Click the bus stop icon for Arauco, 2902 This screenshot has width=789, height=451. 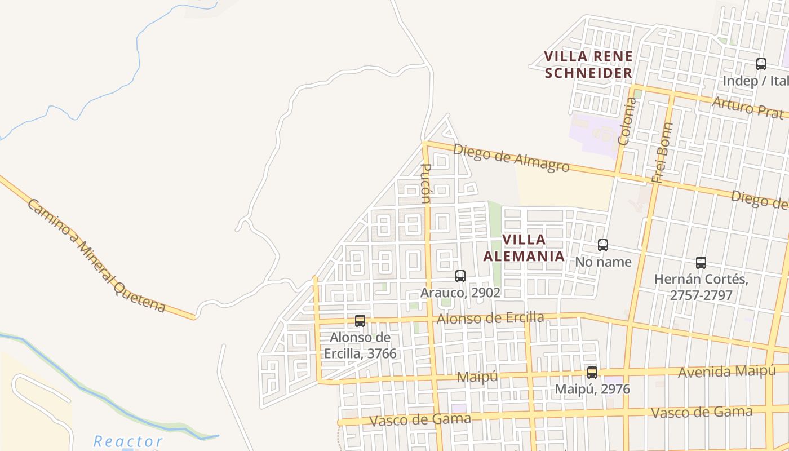click(460, 276)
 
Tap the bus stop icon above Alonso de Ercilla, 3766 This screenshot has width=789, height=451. click(360, 321)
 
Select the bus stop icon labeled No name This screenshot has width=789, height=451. click(603, 245)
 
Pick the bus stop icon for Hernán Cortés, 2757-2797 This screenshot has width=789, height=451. click(701, 263)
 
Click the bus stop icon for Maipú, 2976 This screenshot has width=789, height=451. click(592, 373)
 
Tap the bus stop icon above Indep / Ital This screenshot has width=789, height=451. click(761, 64)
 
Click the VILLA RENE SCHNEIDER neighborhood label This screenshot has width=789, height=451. click(588, 65)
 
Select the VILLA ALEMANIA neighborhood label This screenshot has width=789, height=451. click(524, 247)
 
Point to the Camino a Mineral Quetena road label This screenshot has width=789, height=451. click(96, 255)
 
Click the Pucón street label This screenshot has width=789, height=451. click(427, 183)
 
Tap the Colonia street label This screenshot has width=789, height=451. click(627, 121)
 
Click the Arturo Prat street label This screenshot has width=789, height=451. click(747, 107)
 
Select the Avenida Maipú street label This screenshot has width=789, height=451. click(726, 372)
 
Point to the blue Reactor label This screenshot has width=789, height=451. click(128, 441)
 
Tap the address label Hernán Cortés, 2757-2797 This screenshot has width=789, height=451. click(701, 287)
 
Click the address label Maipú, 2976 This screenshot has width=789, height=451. click(592, 390)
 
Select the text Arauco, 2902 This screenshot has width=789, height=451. click(460, 293)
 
